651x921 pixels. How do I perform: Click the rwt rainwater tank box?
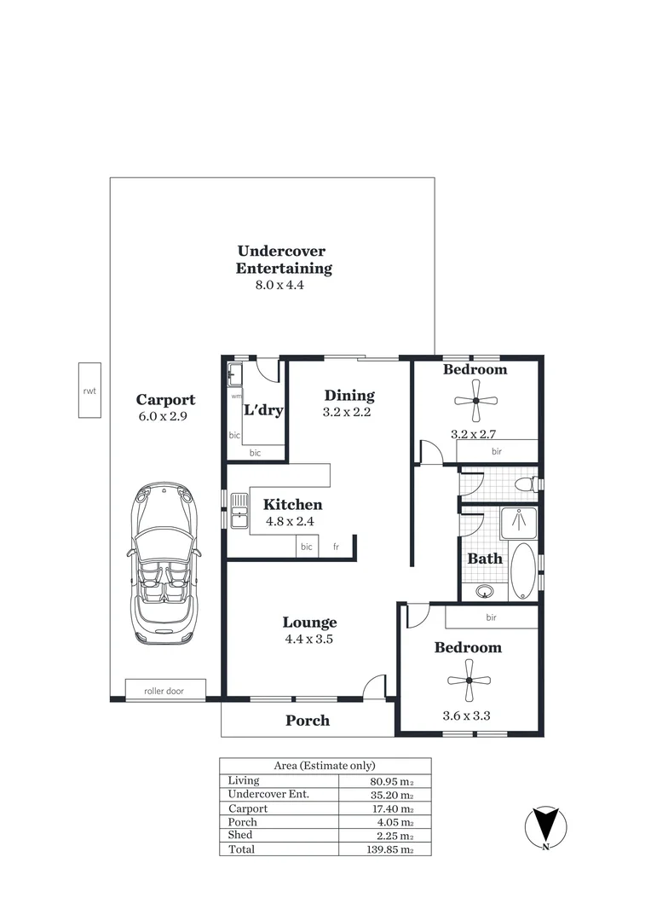89,390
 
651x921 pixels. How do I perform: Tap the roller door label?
165,691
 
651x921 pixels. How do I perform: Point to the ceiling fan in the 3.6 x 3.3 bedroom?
469,680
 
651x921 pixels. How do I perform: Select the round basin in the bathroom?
486,590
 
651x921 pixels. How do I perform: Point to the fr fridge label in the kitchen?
336,547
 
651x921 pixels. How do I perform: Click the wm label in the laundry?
236,397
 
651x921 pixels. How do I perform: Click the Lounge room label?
309,623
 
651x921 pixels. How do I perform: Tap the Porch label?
307,721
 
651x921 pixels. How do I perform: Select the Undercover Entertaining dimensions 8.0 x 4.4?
279,286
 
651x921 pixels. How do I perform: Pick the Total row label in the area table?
241,849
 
